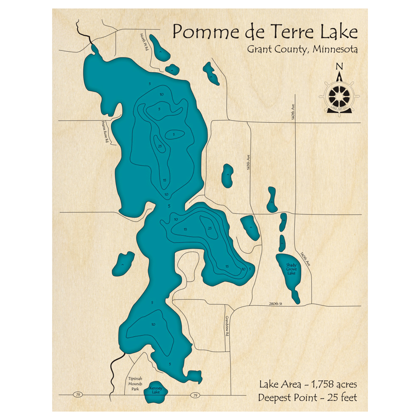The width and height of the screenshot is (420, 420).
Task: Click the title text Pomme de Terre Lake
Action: coord(265,32)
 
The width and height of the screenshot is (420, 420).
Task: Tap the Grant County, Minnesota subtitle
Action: coord(302,49)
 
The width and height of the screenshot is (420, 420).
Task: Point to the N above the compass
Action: coord(340,66)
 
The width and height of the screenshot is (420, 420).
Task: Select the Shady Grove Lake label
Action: coord(291,269)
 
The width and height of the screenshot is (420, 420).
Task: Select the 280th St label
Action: coord(275,304)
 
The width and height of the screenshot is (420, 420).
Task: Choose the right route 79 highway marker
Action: coord(195,395)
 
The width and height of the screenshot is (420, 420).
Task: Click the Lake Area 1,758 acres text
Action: coord(308,384)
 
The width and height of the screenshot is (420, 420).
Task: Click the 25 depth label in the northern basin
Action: coord(160,146)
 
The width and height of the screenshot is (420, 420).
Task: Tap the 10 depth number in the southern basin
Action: coord(153,324)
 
